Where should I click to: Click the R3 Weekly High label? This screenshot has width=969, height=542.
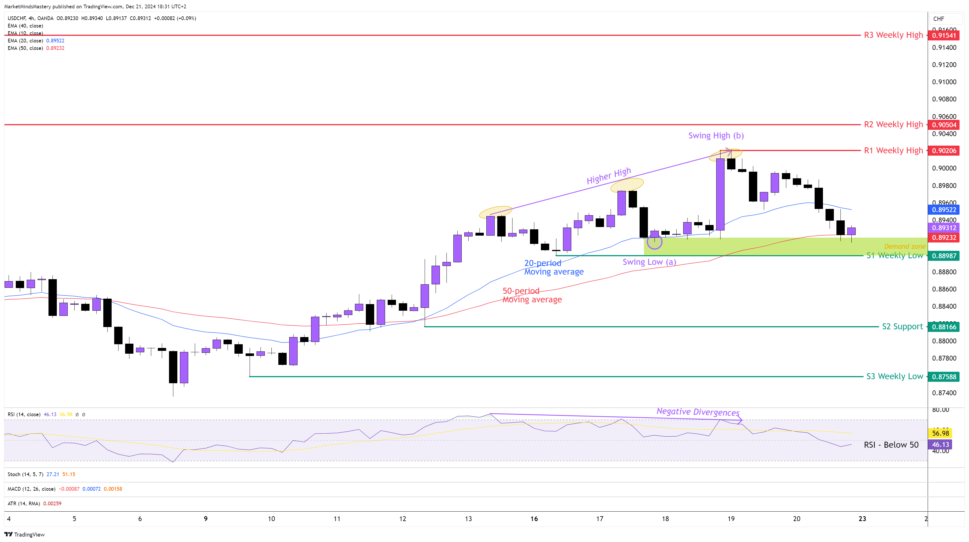(893, 35)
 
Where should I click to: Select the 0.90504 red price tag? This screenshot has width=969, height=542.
(944, 125)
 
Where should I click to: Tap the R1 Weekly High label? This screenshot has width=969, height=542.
(893, 150)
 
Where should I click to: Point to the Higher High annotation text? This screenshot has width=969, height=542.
(609, 175)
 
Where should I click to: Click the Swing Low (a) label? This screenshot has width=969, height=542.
(649, 262)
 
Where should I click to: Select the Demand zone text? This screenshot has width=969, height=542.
(904, 246)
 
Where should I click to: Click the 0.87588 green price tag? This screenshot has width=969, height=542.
(944, 377)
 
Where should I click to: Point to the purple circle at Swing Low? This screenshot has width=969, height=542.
(655, 242)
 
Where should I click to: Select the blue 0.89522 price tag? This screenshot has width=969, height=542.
(944, 210)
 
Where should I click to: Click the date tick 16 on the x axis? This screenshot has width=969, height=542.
(534, 519)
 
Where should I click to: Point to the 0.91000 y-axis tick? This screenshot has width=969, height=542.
(944, 82)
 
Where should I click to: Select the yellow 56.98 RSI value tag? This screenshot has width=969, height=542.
(940, 433)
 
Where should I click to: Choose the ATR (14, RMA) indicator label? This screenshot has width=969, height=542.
(24, 503)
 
